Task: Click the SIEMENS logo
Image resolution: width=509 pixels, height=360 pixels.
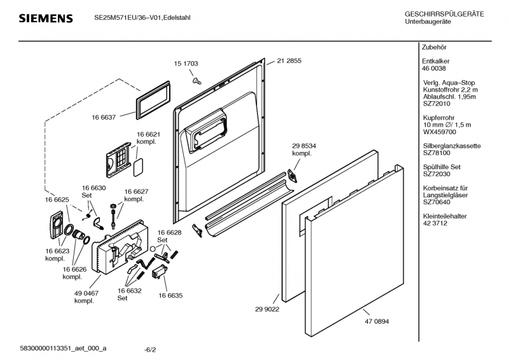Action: click(x=45, y=18)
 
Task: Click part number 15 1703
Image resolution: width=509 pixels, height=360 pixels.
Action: click(x=186, y=64)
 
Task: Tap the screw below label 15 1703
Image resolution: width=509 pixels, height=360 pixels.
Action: click(x=196, y=80)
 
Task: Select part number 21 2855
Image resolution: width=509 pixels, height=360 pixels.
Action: click(x=289, y=61)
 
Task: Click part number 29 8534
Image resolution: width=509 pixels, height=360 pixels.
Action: click(x=304, y=146)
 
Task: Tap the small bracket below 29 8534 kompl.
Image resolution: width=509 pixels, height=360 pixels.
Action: click(x=294, y=175)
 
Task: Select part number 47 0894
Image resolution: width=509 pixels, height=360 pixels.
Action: click(x=377, y=321)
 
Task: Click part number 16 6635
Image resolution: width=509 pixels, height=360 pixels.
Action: click(x=171, y=296)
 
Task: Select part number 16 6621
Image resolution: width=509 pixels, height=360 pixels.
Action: click(x=148, y=134)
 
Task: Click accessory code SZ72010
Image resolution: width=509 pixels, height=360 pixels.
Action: click(x=437, y=104)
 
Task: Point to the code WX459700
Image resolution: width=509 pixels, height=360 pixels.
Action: click(x=439, y=132)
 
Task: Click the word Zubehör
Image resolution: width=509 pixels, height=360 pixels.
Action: click(x=435, y=48)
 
